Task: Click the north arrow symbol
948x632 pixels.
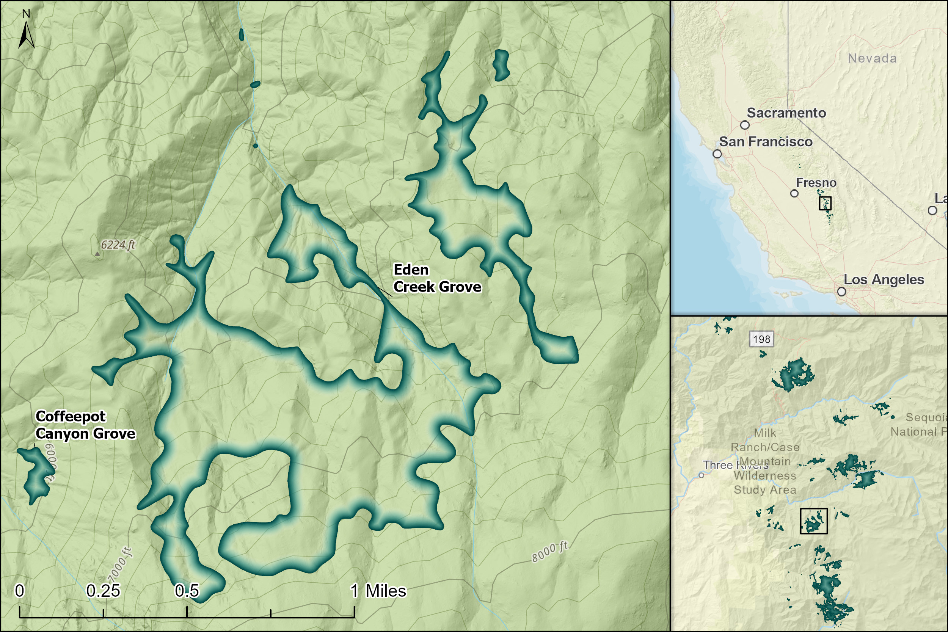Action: (26, 34)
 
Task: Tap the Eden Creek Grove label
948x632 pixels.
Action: (437, 278)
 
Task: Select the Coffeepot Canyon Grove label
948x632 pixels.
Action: (85, 425)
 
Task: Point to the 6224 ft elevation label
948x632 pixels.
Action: (118, 245)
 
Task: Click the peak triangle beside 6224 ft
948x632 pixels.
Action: (97, 254)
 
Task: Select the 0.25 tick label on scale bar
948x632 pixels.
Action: (103, 591)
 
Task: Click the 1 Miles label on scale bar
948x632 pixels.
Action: (378, 591)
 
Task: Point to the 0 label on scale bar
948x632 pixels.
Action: (19, 591)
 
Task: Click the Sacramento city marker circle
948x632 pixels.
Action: (745, 125)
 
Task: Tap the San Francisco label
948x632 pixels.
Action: (766, 142)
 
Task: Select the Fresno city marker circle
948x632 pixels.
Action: (794, 193)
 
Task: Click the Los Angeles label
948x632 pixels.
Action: (884, 280)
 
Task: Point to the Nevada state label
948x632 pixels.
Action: (872, 58)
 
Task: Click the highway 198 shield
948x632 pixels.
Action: (761, 339)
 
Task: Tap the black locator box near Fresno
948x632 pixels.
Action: (825, 203)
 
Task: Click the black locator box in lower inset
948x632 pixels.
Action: (813, 521)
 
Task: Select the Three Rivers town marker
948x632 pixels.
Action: (701, 475)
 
